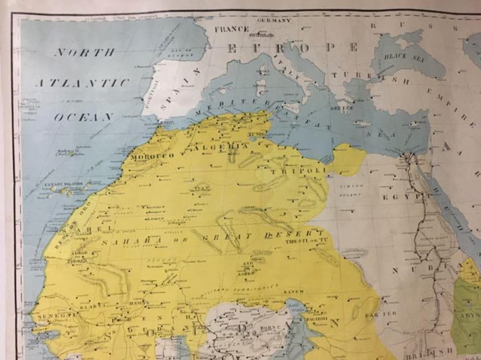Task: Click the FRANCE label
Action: point(232,29)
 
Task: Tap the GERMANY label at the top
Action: point(274,20)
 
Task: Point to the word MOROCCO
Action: point(152,156)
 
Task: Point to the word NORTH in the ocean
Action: point(85,53)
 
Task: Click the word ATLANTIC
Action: point(83,83)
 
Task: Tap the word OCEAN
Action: point(84,117)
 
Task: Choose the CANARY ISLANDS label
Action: point(64,184)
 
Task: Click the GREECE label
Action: point(342,108)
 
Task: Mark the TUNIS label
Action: point(256,134)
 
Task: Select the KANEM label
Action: point(293,291)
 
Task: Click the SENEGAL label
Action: point(52,316)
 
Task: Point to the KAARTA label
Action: point(93,307)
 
